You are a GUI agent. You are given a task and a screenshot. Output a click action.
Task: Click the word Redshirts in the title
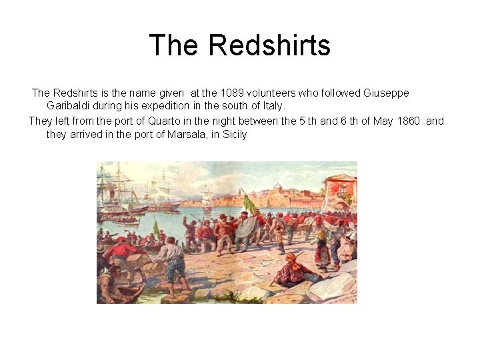click(269, 45)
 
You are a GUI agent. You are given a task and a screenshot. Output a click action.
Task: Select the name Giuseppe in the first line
click(387, 93)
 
